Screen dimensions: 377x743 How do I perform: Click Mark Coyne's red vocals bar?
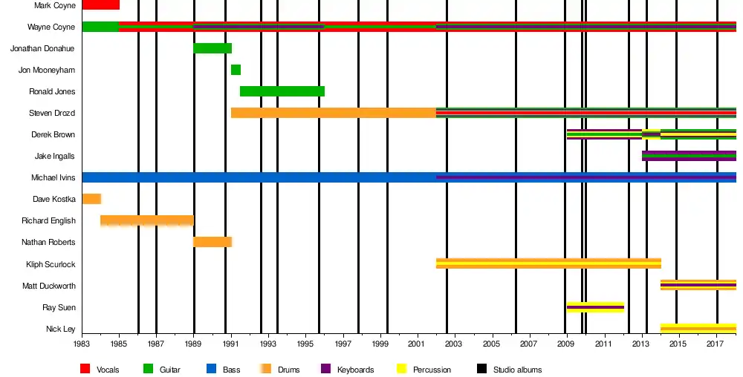(x=100, y=5)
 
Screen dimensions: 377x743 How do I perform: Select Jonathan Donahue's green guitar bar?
(x=212, y=48)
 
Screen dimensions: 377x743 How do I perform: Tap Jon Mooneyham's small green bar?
(x=236, y=70)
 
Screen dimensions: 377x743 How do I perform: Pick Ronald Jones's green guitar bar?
(x=282, y=91)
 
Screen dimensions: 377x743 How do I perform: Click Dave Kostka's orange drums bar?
(x=91, y=199)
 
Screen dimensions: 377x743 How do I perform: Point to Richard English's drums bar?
(x=147, y=220)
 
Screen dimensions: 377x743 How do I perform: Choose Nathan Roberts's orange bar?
(x=212, y=242)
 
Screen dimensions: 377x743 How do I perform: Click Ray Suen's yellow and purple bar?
(x=594, y=307)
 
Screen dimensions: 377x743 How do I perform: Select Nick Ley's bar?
(x=698, y=328)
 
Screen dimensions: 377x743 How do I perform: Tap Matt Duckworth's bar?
(x=698, y=285)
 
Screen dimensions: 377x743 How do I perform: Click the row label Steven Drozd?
(x=53, y=113)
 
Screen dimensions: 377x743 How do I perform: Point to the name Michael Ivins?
(x=53, y=177)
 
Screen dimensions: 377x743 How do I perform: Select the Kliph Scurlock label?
(x=51, y=264)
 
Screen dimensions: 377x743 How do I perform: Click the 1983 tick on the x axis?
(x=82, y=344)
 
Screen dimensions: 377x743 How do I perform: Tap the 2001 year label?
(x=417, y=344)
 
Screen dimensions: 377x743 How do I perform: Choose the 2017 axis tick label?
(x=716, y=344)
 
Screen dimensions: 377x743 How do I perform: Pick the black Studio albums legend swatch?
(x=481, y=369)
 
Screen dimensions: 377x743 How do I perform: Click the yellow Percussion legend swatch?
(x=401, y=369)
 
